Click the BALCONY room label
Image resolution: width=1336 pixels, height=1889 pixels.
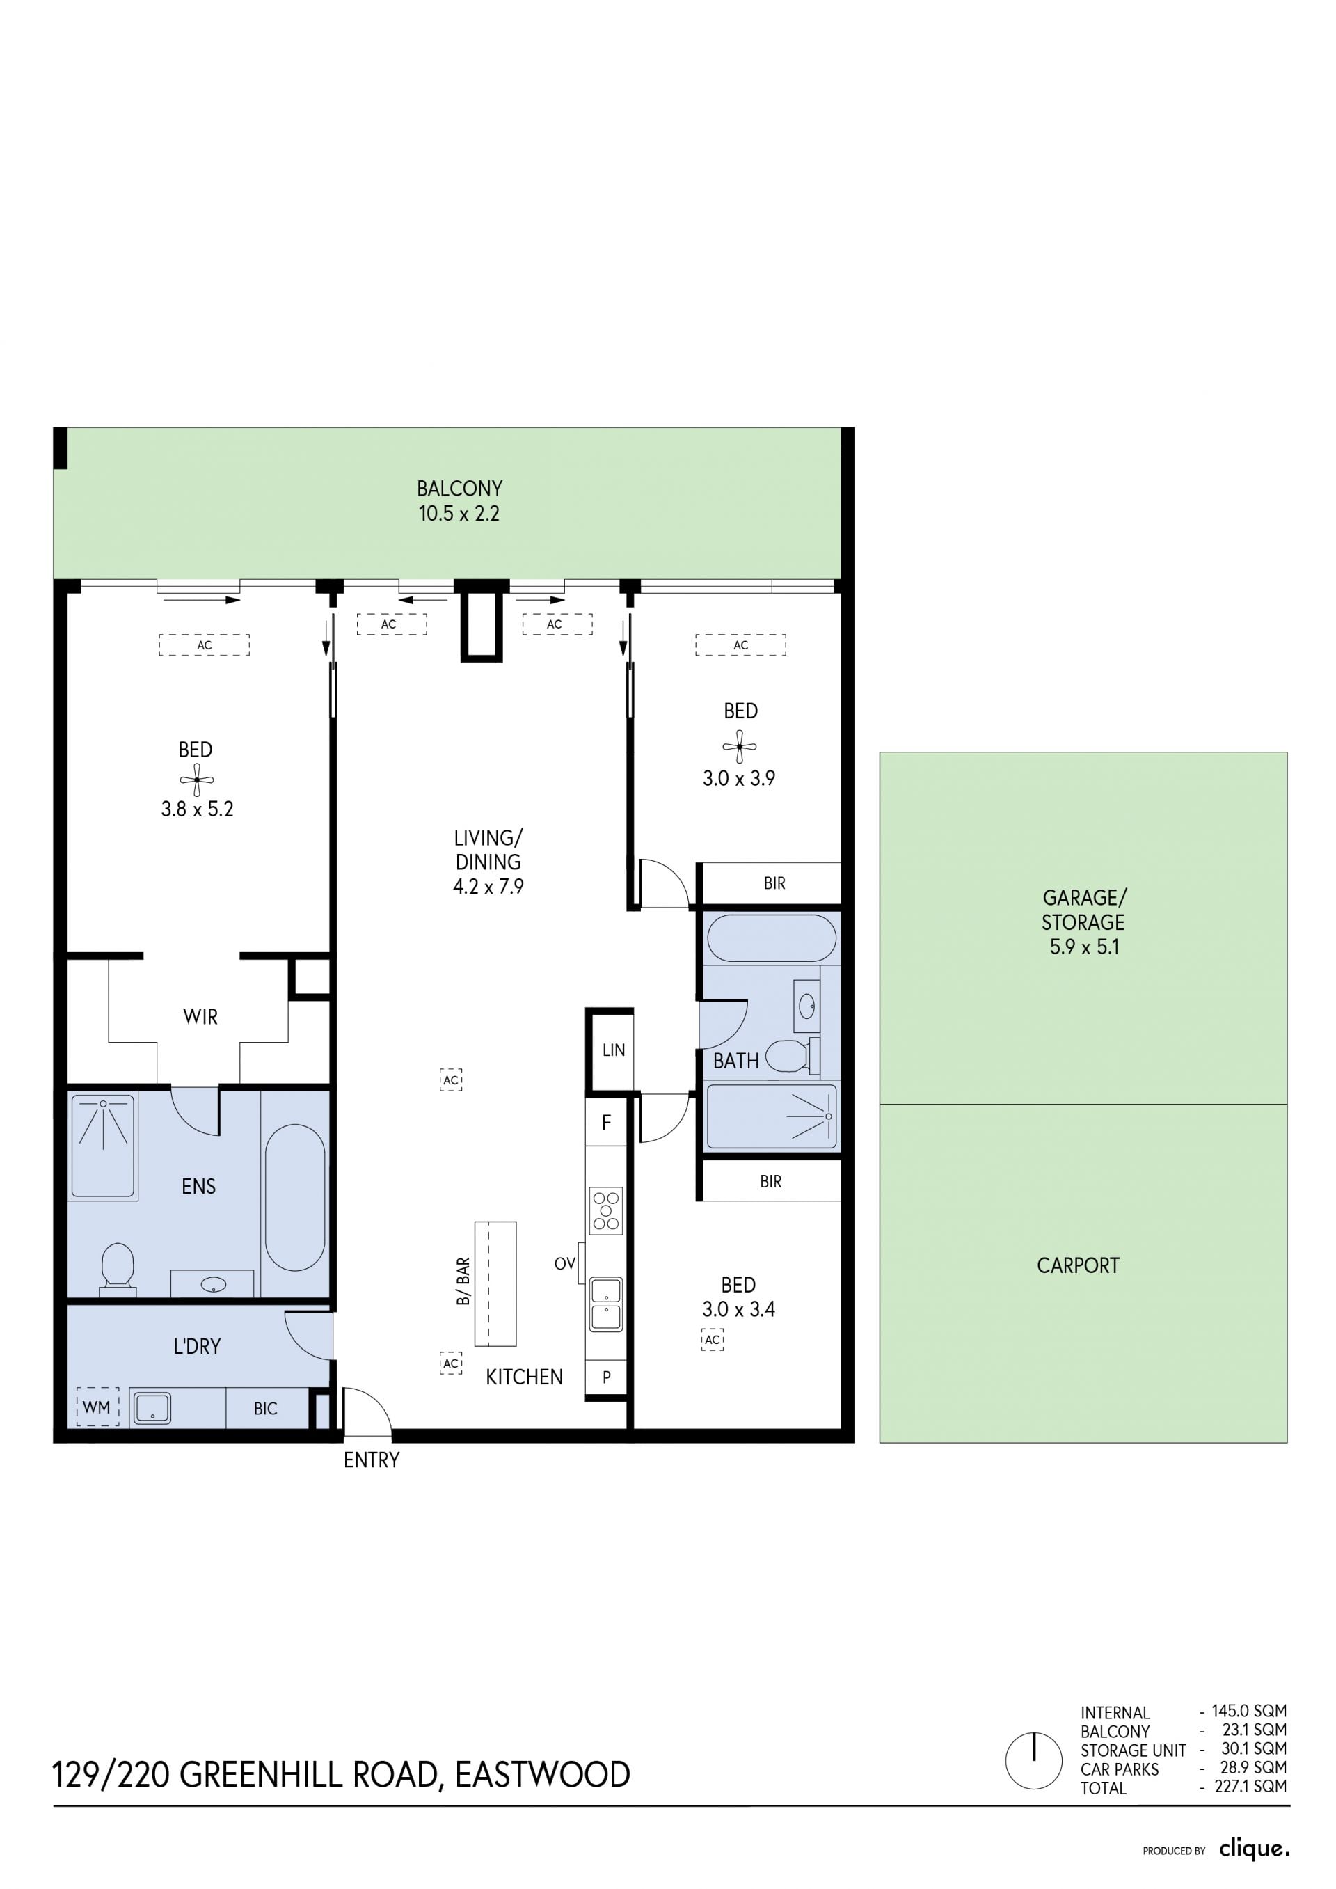point(459,489)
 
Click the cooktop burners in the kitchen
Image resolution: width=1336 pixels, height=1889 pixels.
point(605,1210)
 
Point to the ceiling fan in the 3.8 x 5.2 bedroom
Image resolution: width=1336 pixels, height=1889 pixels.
point(197,779)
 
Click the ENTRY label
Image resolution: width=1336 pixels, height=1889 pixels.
point(371,1460)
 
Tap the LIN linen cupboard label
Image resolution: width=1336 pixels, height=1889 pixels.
point(614,1050)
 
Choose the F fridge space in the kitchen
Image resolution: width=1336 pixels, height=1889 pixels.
point(606,1123)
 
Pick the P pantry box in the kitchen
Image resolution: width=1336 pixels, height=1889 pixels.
point(606,1377)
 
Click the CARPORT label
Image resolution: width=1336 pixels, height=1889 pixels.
point(1078,1265)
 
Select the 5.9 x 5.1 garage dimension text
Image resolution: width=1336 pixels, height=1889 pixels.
point(1084,947)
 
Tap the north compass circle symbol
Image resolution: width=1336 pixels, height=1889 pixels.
point(1034,1761)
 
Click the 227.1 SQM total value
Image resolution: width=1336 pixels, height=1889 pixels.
point(1250,1786)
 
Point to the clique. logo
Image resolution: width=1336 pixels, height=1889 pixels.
point(1255,1849)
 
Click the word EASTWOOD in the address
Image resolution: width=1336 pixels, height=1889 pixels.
point(543,1776)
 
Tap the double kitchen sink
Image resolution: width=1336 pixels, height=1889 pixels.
point(606,1304)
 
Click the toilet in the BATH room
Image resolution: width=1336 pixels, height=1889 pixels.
point(793,1056)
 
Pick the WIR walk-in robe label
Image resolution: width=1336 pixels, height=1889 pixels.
point(200,1017)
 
